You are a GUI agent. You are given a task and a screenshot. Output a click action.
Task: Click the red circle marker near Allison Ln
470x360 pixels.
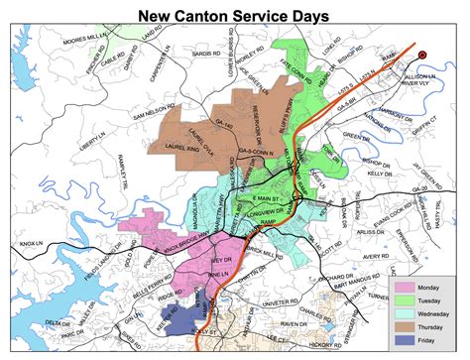(x=423, y=55)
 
